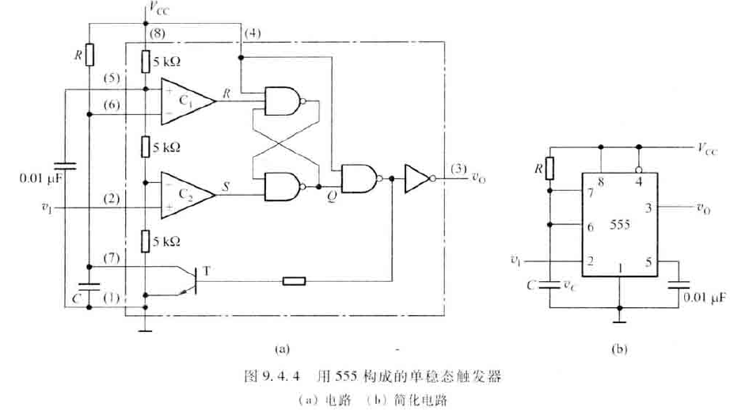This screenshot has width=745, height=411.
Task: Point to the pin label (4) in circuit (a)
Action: coord(252,34)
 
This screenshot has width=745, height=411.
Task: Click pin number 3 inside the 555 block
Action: coord(648,207)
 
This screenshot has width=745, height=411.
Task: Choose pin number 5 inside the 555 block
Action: coord(648,259)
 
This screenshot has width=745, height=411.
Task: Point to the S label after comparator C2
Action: coord(227,188)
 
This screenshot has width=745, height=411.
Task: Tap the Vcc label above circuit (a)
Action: coord(155,9)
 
